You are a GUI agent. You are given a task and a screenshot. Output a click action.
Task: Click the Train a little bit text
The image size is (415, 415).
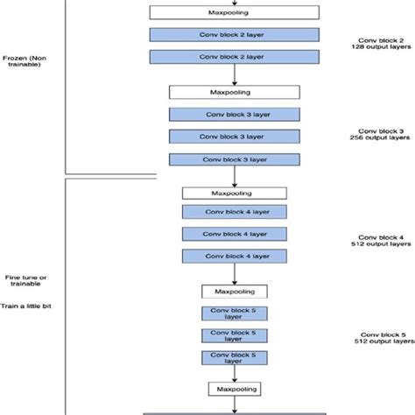click(x=25, y=308)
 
